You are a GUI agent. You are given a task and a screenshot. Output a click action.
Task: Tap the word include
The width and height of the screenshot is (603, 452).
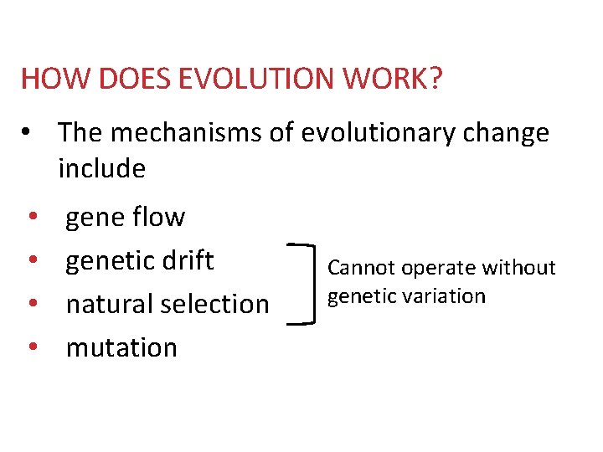click(x=101, y=168)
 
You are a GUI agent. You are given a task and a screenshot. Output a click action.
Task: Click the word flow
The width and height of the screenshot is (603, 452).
click(x=159, y=217)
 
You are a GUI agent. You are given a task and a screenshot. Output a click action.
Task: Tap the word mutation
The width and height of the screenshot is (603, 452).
click(x=121, y=347)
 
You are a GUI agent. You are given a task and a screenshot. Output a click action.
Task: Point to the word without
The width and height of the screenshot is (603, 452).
click(x=521, y=268)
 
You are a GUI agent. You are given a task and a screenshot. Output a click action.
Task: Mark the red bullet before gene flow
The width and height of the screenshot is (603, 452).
click(x=31, y=218)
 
